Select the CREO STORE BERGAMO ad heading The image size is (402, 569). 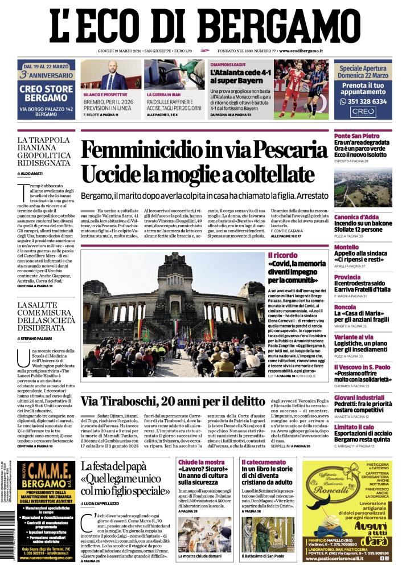[46, 93]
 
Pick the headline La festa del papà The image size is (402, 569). [122, 467]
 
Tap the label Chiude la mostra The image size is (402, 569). [201, 462]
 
